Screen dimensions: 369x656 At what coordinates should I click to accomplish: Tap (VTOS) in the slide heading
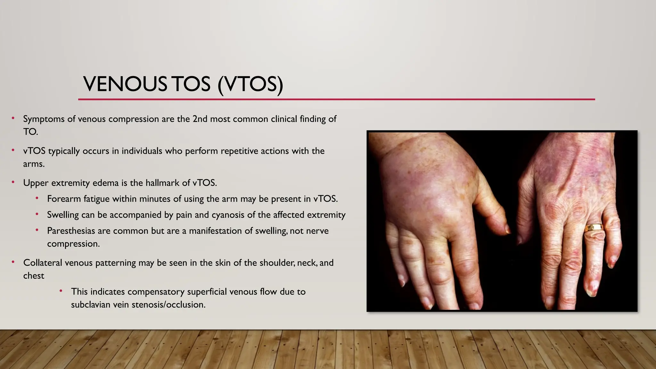[x=250, y=85]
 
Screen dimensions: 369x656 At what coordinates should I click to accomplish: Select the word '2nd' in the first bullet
[x=200, y=119]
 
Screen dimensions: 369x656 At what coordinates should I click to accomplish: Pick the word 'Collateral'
[x=43, y=263]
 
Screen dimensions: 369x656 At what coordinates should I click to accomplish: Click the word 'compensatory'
[x=156, y=292]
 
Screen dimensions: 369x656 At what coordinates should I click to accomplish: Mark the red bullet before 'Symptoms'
[x=13, y=118]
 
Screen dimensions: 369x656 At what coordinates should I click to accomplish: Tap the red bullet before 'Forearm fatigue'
[x=37, y=198]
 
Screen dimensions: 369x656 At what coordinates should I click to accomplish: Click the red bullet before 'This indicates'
[x=61, y=291]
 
